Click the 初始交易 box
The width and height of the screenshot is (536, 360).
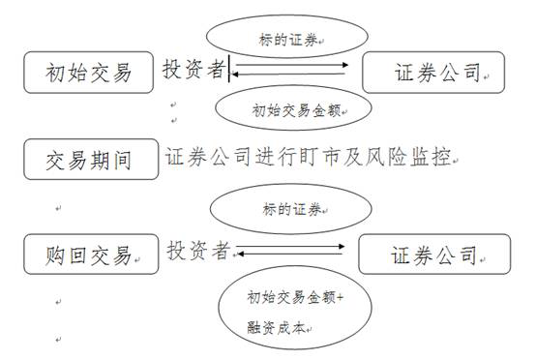89,72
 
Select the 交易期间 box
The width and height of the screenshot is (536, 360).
89,160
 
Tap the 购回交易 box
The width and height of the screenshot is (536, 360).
89,255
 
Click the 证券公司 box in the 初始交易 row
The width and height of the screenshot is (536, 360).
432,72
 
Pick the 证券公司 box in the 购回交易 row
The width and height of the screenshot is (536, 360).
432,255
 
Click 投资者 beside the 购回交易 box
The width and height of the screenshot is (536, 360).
198,251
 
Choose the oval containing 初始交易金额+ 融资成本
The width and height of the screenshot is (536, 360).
291,312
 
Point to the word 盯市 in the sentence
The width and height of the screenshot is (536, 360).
330,156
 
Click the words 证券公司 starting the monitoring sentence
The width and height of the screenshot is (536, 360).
202,156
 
